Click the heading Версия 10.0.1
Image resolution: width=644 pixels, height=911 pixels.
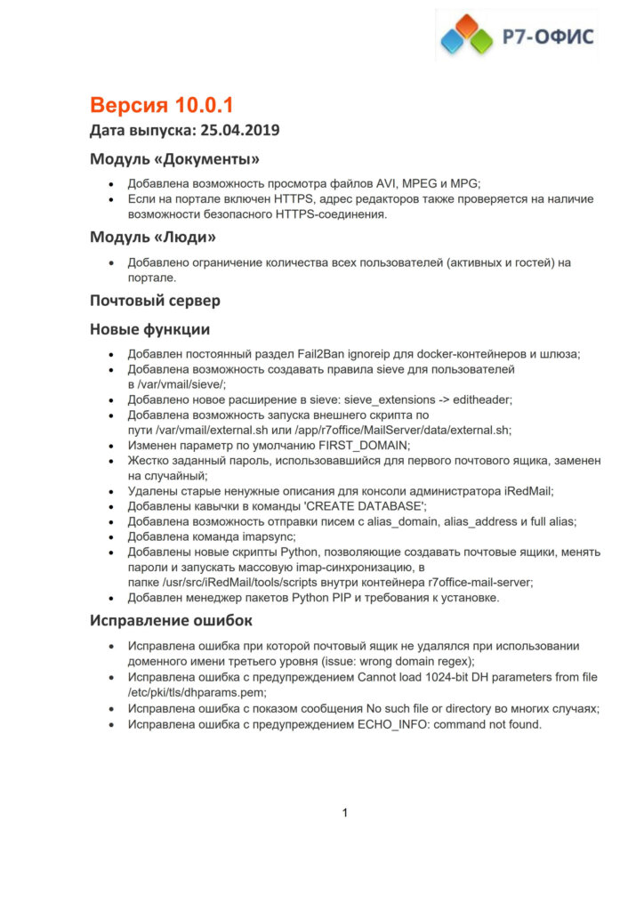click(x=161, y=105)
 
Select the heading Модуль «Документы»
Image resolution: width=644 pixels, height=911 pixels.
click(x=174, y=159)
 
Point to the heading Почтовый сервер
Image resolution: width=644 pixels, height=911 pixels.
click(x=155, y=300)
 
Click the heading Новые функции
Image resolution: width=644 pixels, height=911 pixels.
click(x=149, y=329)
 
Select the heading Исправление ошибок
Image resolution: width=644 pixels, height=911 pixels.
click(x=171, y=619)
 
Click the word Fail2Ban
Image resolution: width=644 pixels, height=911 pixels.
click(x=310, y=353)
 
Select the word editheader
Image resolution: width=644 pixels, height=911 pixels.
click(x=511, y=399)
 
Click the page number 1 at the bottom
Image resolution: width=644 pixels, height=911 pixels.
click(x=345, y=812)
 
